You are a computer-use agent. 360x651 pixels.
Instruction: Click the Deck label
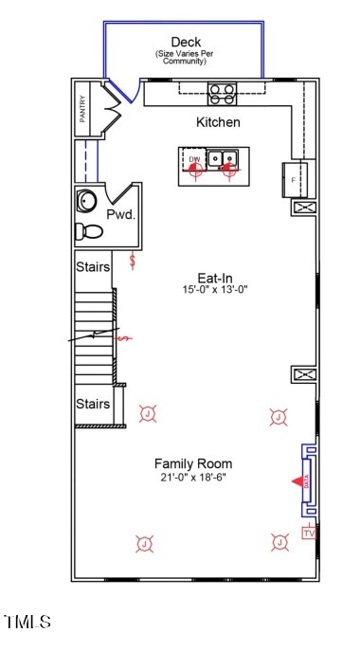[x=186, y=43]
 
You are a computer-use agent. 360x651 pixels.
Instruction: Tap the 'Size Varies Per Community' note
[x=186, y=59]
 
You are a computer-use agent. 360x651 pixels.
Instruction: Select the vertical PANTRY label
[x=83, y=109]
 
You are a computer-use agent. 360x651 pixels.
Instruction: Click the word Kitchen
[x=218, y=122]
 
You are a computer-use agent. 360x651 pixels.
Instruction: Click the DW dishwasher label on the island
[x=194, y=158]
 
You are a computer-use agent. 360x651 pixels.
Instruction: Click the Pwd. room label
[x=120, y=215]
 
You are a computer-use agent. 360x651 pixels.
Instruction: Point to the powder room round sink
[x=87, y=201]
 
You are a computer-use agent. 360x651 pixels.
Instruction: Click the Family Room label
[x=193, y=463]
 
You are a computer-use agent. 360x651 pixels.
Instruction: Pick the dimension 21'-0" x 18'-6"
[x=193, y=477]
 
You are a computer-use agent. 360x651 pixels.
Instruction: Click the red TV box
[x=308, y=533]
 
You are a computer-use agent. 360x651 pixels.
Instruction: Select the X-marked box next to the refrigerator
[x=304, y=208]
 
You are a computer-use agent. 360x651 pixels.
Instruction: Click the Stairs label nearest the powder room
[x=93, y=267]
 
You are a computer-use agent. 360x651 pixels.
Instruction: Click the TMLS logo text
[x=27, y=622]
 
